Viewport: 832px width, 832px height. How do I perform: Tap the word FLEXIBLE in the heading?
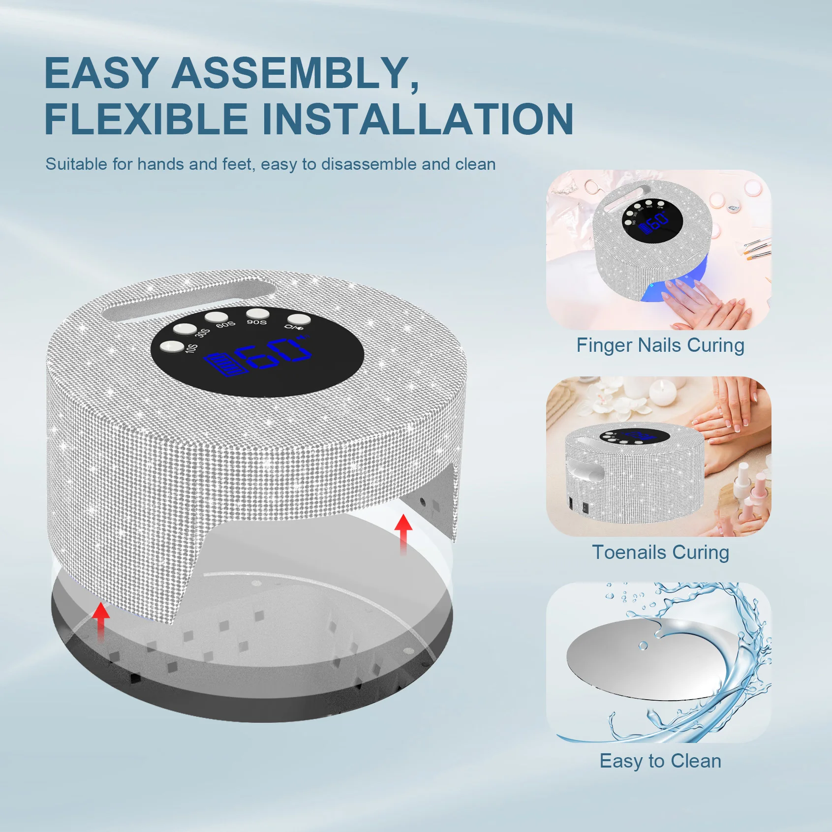(146, 119)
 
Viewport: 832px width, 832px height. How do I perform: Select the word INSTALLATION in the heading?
(417, 119)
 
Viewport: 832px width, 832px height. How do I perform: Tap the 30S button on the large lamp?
(185, 328)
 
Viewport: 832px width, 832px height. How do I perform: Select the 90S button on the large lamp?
(257, 313)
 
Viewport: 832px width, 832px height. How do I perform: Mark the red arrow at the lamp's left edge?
(101, 621)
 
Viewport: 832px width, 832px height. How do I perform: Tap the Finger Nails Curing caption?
(660, 345)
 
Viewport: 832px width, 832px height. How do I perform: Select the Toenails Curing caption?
(660, 553)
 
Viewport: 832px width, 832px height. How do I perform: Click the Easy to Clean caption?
(660, 761)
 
